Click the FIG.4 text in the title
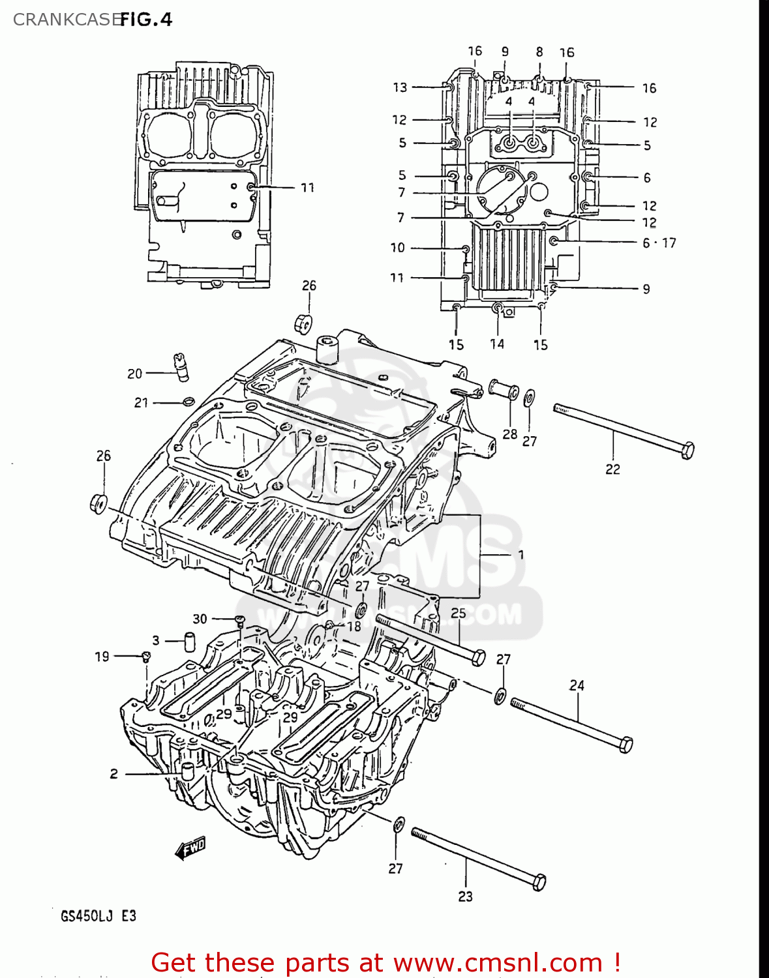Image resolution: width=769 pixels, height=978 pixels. click(146, 20)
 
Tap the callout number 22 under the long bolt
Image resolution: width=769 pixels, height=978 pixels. click(612, 469)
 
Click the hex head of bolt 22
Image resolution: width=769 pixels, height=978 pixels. click(687, 450)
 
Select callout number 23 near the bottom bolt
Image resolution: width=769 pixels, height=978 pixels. click(465, 896)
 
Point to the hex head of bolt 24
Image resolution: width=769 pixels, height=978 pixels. click(625, 744)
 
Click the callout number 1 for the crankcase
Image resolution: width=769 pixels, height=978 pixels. click(521, 554)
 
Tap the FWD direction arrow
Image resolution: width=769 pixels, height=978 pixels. click(190, 848)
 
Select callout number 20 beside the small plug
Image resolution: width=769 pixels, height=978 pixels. click(134, 374)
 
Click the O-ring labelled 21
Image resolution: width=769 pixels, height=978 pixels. click(188, 401)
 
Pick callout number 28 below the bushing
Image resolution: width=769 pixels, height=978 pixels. click(510, 434)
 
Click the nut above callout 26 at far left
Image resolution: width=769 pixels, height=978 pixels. click(98, 504)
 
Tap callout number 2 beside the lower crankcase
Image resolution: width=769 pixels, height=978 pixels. click(114, 774)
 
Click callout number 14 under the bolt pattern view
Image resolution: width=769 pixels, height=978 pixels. click(497, 344)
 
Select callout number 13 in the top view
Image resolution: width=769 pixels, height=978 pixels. click(400, 87)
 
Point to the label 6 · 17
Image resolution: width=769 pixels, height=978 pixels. click(659, 243)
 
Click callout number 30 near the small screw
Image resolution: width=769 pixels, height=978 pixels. click(200, 619)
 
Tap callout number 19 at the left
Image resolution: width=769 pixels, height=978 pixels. click(102, 657)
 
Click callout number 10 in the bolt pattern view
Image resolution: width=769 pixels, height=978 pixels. click(398, 248)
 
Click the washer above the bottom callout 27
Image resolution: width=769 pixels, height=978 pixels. click(399, 824)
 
